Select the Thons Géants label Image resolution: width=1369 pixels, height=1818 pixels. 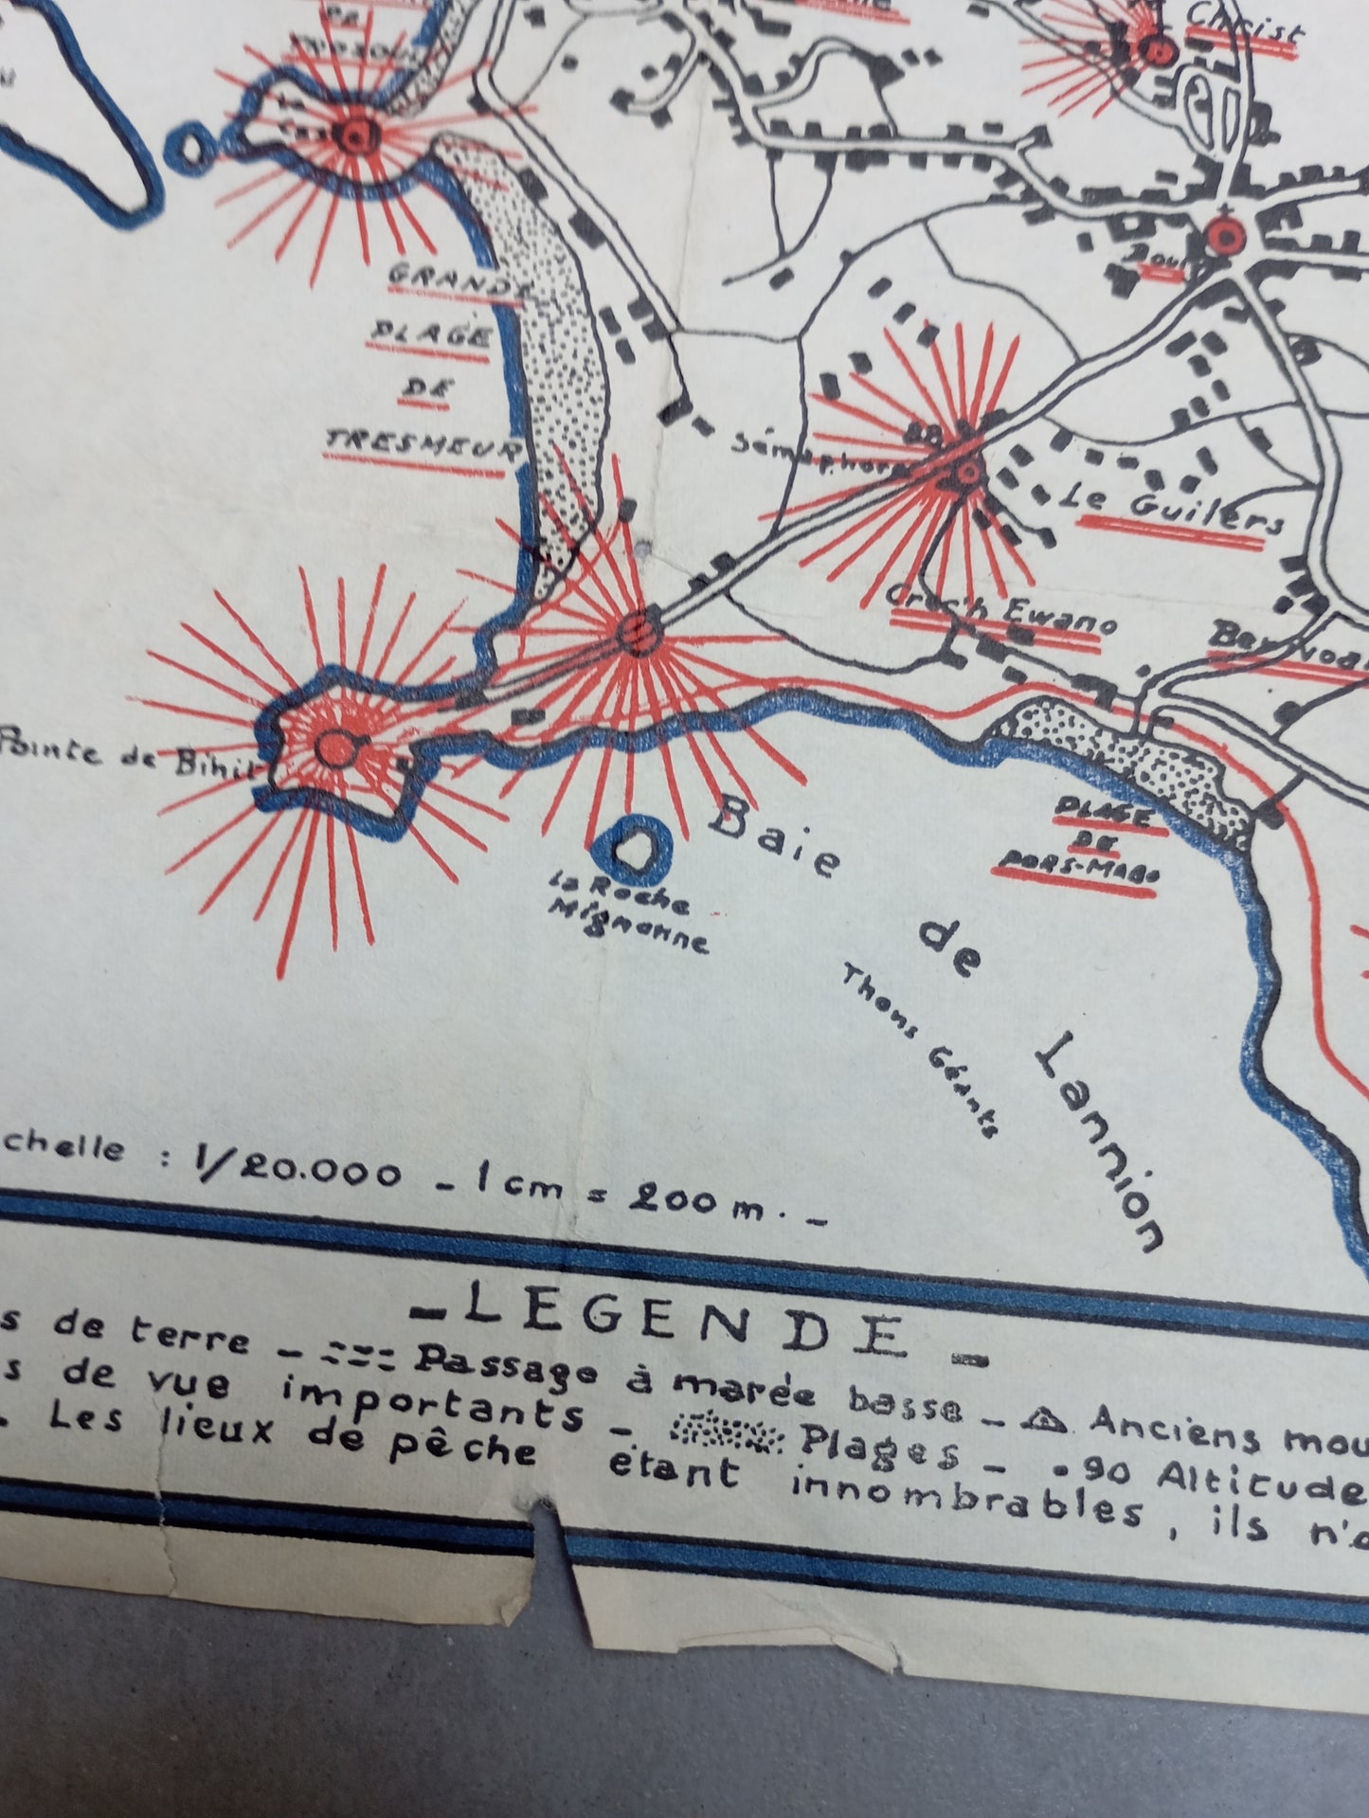point(919,1051)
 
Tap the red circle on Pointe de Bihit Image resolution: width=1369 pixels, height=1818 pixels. point(333,747)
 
